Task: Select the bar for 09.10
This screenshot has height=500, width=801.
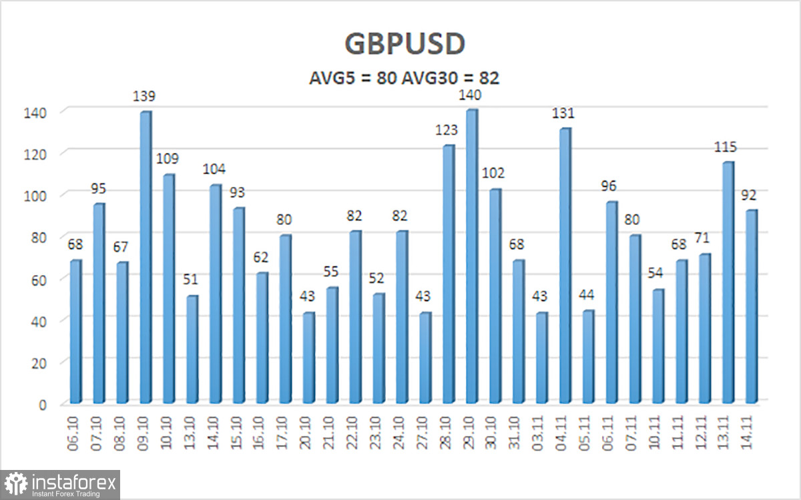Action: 145,257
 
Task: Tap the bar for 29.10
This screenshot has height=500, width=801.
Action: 471,257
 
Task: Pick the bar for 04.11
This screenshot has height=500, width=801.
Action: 564,266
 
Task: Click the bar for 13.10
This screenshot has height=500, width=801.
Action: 192,349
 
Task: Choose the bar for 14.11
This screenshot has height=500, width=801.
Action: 751,307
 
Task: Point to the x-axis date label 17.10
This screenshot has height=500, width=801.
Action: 285,431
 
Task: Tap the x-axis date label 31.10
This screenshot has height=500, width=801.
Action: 519,431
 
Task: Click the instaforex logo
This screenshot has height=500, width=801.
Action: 61,485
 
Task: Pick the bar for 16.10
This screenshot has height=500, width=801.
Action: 262,338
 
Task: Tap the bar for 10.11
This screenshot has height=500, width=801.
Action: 657,346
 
